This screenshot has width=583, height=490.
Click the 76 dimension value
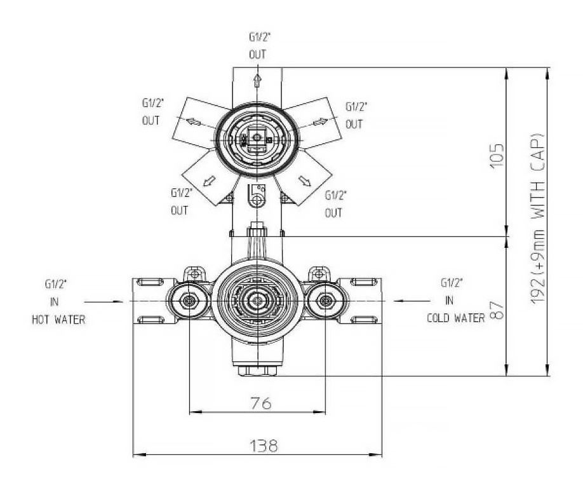tap(258, 403)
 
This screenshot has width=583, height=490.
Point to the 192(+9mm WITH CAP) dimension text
tap(539, 220)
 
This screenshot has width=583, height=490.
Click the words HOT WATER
tap(58, 320)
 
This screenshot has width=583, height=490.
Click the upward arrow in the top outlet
tap(257, 80)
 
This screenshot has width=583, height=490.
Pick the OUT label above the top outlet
tap(257, 55)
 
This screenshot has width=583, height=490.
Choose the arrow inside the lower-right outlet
tap(305, 182)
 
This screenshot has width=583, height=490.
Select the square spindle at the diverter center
tap(257, 136)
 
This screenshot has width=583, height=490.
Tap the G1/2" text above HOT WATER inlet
tap(54, 284)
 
